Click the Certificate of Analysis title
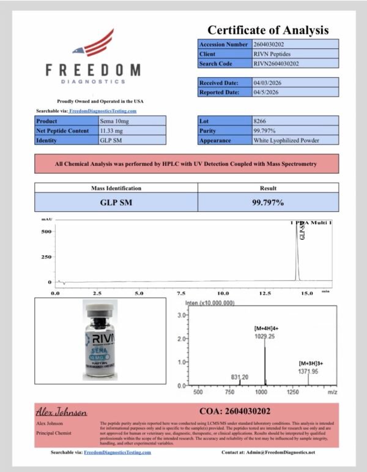click(x=268, y=30)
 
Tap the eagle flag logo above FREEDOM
click(x=92, y=44)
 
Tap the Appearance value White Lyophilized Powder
click(x=286, y=140)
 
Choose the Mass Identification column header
click(x=116, y=188)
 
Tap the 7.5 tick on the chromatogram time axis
click(x=181, y=294)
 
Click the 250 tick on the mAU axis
click(x=46, y=257)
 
